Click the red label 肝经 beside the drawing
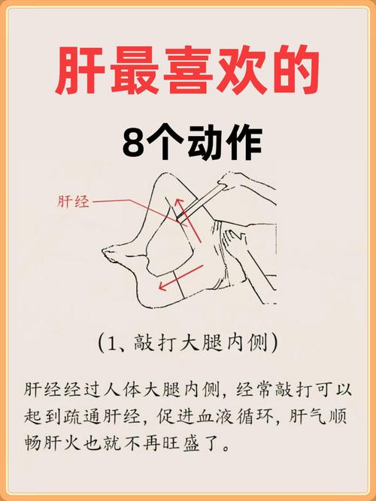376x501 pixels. coord(73,201)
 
